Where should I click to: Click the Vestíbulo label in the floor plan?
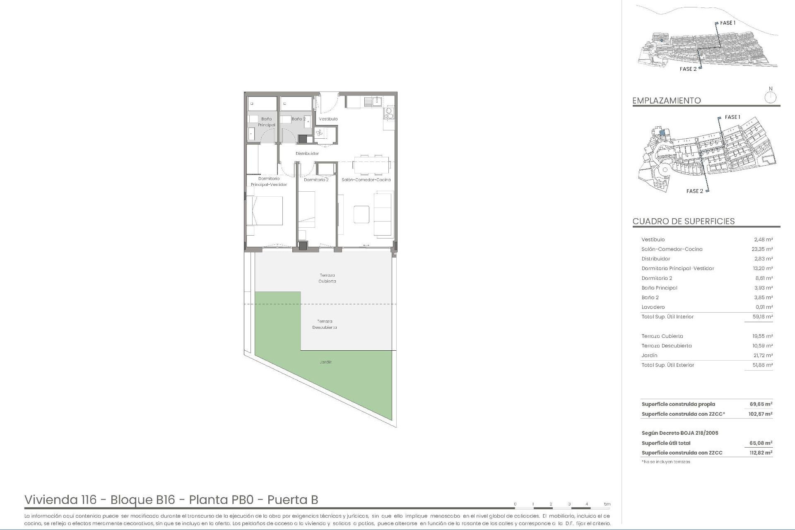click(328, 119)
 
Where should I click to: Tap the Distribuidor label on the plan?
click(307, 154)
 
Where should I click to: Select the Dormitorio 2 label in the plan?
click(316, 180)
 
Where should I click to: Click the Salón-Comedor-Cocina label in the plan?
click(366, 180)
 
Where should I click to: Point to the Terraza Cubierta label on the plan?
click(327, 278)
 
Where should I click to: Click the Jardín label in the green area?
click(326, 362)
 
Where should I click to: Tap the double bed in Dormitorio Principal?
click(265, 211)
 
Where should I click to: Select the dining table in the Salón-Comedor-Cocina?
click(371, 165)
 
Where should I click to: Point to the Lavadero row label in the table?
click(653, 307)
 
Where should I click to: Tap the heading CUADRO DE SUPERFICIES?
click(683, 221)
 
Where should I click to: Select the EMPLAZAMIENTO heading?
click(666, 101)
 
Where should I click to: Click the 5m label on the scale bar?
click(607, 504)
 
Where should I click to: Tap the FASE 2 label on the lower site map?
click(694, 191)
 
